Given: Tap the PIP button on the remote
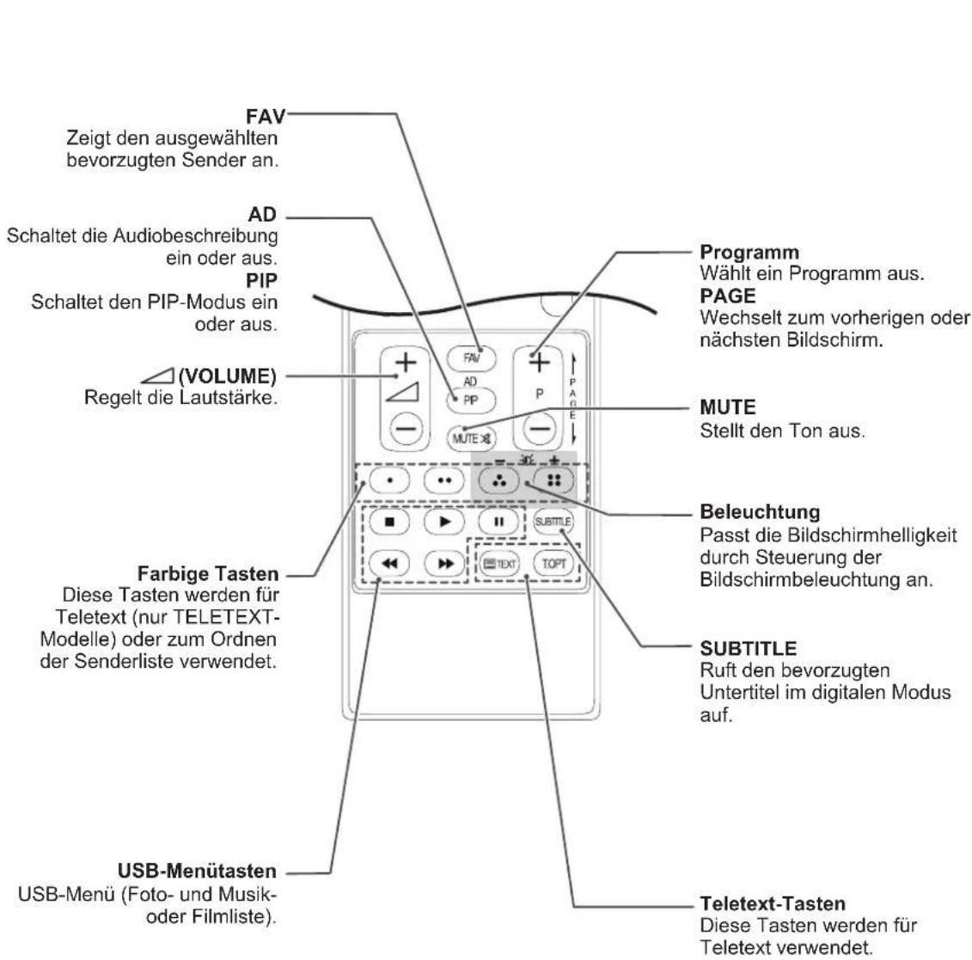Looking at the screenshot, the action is pos(471,401).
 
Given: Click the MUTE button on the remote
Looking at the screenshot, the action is pos(472,439).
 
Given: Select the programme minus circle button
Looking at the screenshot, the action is pos(540,429).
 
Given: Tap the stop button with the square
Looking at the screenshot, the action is pos(389,522).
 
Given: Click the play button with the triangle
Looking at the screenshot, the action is pos(443,522).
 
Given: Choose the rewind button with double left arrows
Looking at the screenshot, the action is pos(389,563).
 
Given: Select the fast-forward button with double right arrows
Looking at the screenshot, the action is pos(443,563).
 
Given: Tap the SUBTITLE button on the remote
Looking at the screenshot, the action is pos(553,522).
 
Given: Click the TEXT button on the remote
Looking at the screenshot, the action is pos(499,564).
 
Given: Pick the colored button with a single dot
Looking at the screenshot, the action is pos(389,480).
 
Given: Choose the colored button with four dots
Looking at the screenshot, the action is pos(553,480).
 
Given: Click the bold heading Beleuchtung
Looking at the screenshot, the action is pos(760,512).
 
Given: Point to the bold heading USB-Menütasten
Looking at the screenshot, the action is pos(197,871).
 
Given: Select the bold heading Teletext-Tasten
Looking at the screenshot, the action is pos(773,903).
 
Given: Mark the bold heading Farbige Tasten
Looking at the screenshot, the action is pos(208,574).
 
